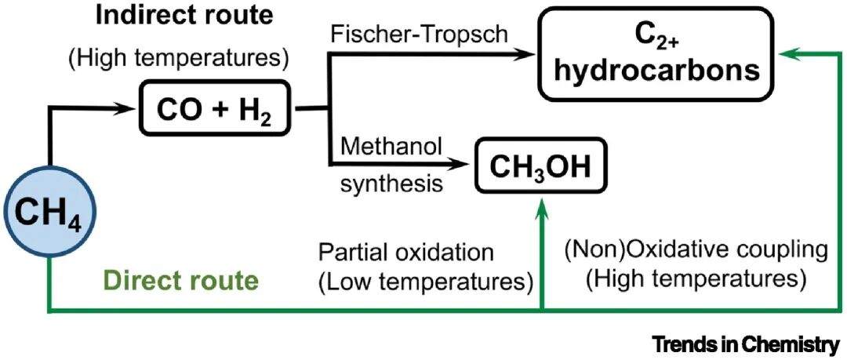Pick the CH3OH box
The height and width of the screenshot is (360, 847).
pos(541,165)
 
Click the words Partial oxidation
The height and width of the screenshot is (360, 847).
pos(406,253)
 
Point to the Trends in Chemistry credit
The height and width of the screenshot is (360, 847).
pos(745,344)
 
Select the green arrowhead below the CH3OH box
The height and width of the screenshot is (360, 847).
pos(541,202)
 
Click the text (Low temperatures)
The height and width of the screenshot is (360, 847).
pos(425,279)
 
